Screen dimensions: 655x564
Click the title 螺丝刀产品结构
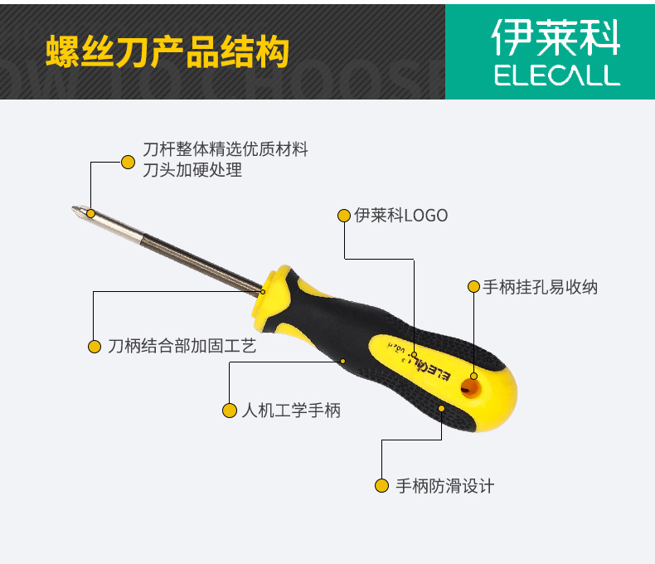click(x=167, y=51)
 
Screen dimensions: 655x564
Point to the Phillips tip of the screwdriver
click(x=78, y=209)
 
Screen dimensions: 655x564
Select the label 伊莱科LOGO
click(x=400, y=216)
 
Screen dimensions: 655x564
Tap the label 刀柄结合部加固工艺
click(x=182, y=346)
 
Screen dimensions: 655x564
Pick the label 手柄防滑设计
click(x=444, y=486)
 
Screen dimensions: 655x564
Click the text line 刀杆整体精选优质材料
click(x=226, y=150)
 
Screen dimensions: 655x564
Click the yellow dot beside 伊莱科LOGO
click(x=344, y=216)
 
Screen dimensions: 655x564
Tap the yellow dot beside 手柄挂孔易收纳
click(x=473, y=287)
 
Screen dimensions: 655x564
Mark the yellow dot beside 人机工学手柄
click(x=230, y=411)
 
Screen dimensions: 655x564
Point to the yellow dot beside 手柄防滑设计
click(x=381, y=486)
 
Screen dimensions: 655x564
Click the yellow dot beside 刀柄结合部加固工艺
click(x=95, y=346)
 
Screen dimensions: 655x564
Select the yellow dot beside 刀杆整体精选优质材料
click(x=128, y=162)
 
